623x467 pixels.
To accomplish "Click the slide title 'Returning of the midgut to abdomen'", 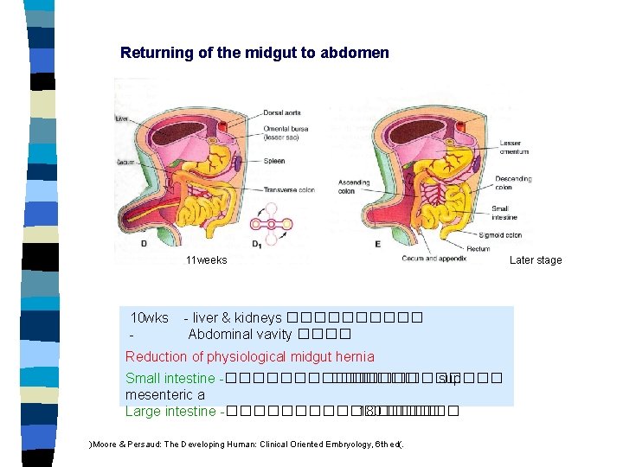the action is pyautogui.click(x=254, y=53).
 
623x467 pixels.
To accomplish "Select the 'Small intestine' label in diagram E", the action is pyautogui.click(x=506, y=212).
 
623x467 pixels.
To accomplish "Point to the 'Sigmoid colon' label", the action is pyautogui.click(x=509, y=234).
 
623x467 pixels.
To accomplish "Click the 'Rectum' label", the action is pyautogui.click(x=478, y=249).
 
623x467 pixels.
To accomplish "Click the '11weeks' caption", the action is pyautogui.click(x=206, y=260).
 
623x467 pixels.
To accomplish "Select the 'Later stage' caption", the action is pyautogui.click(x=535, y=260).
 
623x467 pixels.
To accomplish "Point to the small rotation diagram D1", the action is pyautogui.click(x=270, y=224).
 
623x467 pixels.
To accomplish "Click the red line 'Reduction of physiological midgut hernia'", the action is pyautogui.click(x=249, y=356).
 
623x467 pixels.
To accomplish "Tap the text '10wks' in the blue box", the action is pyautogui.click(x=149, y=318).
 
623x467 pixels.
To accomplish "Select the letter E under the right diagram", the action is pyautogui.click(x=377, y=244).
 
